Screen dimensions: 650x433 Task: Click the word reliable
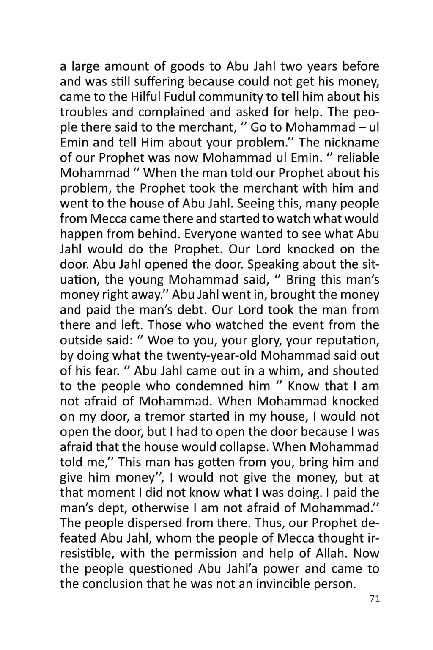click(x=358, y=158)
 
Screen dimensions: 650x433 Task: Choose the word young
click(x=144, y=280)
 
